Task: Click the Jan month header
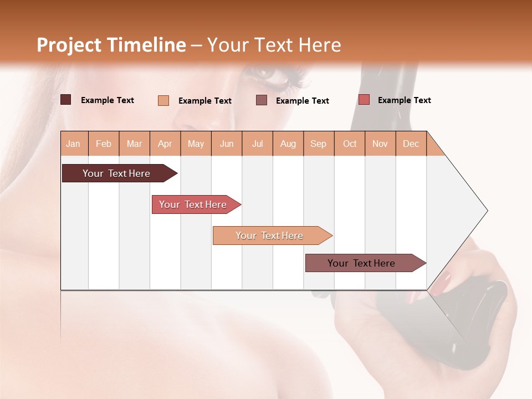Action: tap(74, 144)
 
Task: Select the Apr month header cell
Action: tap(165, 144)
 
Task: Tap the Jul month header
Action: tap(257, 144)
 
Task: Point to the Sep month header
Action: tap(318, 144)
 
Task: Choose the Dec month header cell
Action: tap(411, 144)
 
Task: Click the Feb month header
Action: tap(104, 144)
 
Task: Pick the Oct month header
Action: tap(349, 144)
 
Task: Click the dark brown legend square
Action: tap(66, 100)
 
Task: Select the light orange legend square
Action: tap(163, 100)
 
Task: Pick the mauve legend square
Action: tap(262, 100)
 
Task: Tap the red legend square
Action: tap(364, 100)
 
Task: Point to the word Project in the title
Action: tap(69, 45)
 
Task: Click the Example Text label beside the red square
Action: tap(404, 100)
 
